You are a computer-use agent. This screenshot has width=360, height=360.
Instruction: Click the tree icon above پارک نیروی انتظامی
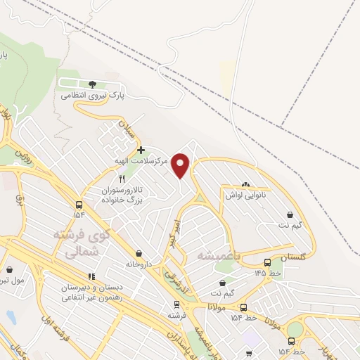coord(93,84)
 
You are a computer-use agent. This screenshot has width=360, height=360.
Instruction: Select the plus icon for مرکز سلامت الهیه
coord(141,150)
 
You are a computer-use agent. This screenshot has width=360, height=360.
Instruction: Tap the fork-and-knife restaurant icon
coord(122,179)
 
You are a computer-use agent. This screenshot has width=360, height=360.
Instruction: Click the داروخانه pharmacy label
coord(139,264)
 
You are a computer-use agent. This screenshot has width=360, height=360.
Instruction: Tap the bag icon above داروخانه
coord(139,253)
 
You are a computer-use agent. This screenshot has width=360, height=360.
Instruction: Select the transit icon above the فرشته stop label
coord(176,304)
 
